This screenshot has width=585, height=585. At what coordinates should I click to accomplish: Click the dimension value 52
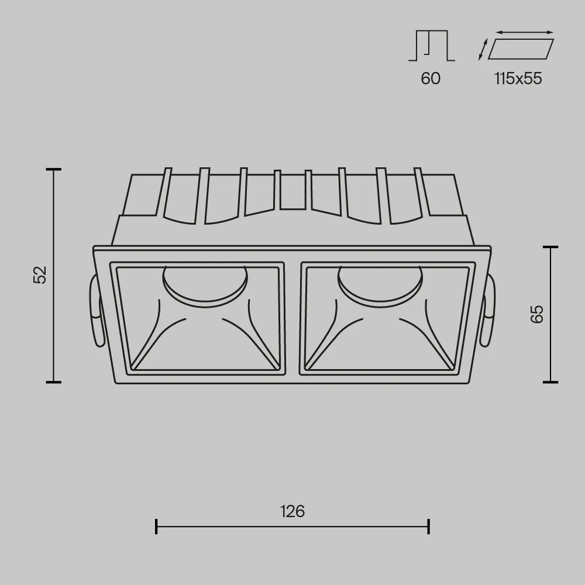[40, 275]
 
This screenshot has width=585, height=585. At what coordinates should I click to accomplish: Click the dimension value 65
[537, 314]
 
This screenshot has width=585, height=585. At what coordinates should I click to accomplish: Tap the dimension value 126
[292, 511]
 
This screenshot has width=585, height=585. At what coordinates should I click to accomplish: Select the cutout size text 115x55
[518, 78]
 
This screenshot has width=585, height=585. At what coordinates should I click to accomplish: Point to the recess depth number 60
[431, 78]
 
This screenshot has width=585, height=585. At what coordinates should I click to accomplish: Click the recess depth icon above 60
[432, 45]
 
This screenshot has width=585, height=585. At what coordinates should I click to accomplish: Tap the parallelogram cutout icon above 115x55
[521, 49]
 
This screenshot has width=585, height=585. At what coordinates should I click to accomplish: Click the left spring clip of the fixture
[95, 312]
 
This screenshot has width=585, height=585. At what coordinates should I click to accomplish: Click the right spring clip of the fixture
[488, 312]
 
